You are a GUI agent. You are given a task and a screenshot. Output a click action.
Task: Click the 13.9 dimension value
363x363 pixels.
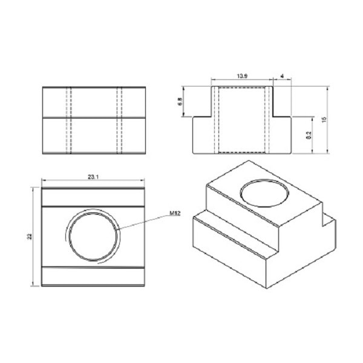point(242,76)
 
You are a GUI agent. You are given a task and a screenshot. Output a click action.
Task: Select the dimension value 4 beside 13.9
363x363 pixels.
point(282,76)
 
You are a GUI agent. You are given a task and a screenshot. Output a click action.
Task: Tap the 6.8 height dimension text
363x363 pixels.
point(180,102)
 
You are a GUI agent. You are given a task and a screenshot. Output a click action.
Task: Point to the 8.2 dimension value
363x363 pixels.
point(309,135)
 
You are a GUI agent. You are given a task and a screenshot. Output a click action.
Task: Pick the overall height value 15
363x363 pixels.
point(324,120)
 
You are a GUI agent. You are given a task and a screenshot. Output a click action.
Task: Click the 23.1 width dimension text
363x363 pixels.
point(93,177)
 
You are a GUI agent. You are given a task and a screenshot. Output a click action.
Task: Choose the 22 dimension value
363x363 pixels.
point(30,237)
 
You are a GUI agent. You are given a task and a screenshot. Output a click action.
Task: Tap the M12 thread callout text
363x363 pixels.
point(175,214)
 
